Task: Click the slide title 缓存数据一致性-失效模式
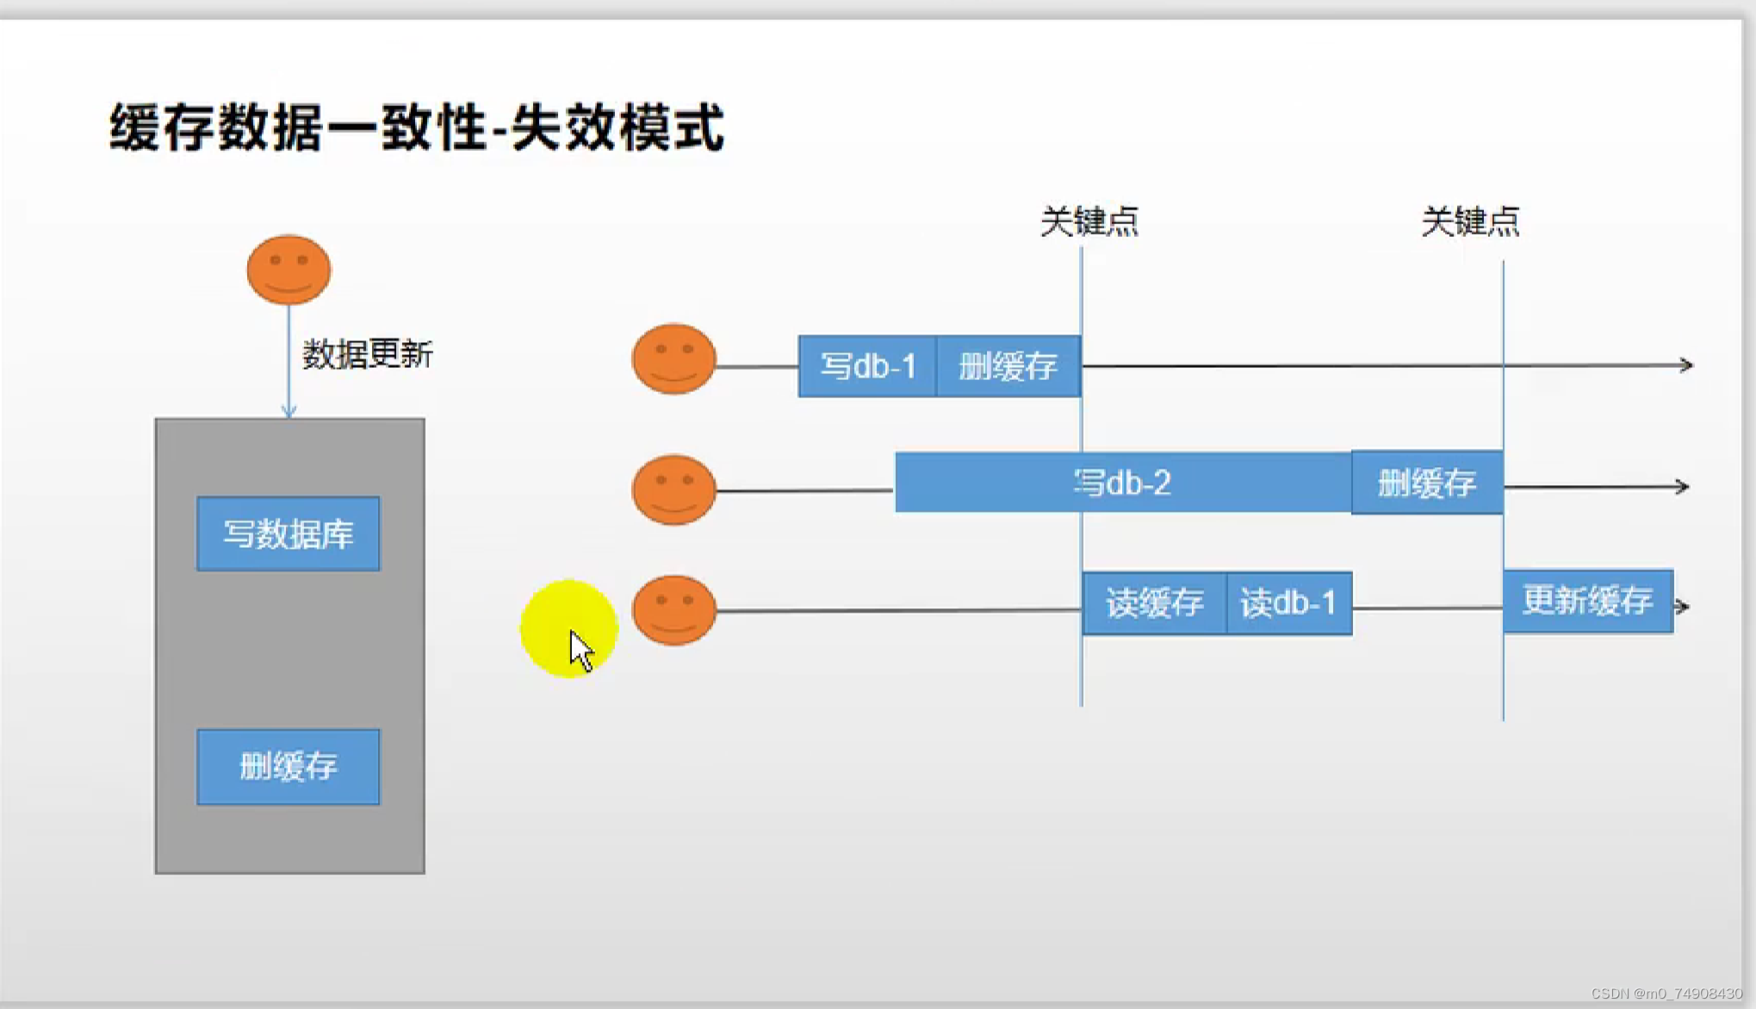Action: click(417, 128)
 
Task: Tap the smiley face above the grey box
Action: click(289, 270)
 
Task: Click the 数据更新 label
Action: click(368, 354)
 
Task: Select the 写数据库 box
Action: click(289, 534)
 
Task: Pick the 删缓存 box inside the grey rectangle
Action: click(289, 767)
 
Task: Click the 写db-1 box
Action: click(867, 366)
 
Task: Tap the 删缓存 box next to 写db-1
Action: click(1008, 366)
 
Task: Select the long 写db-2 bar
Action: click(1122, 483)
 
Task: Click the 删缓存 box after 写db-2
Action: click(1427, 483)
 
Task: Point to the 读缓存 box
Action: click(1154, 603)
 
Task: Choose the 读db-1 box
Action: click(1288, 603)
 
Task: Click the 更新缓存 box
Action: click(1588, 601)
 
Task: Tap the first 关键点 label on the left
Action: click(1089, 221)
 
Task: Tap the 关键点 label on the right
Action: click(1470, 221)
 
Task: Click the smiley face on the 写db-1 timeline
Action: click(674, 359)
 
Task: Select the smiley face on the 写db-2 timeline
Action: click(674, 489)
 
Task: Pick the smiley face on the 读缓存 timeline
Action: click(674, 610)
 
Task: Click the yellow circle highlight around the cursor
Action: click(551, 616)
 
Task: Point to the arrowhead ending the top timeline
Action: click(1686, 365)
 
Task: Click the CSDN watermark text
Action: click(1666, 993)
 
